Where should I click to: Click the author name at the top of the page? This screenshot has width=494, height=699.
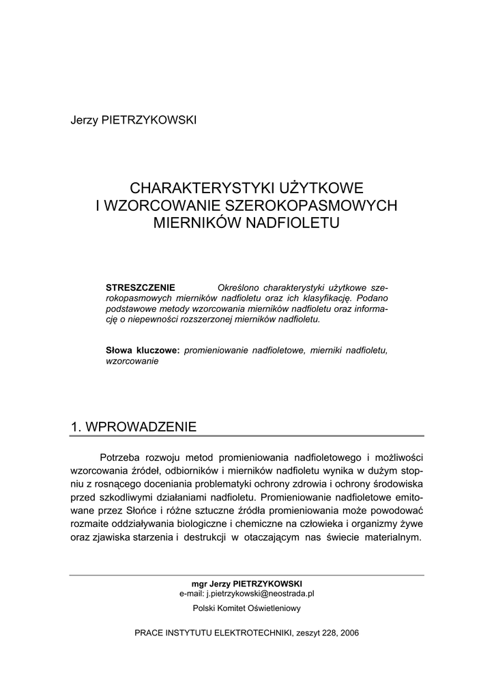(133, 120)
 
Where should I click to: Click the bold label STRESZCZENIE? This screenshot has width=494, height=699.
(141, 287)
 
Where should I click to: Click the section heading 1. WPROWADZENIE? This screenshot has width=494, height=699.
(134, 427)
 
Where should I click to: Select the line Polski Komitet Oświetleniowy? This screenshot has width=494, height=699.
(246, 608)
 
